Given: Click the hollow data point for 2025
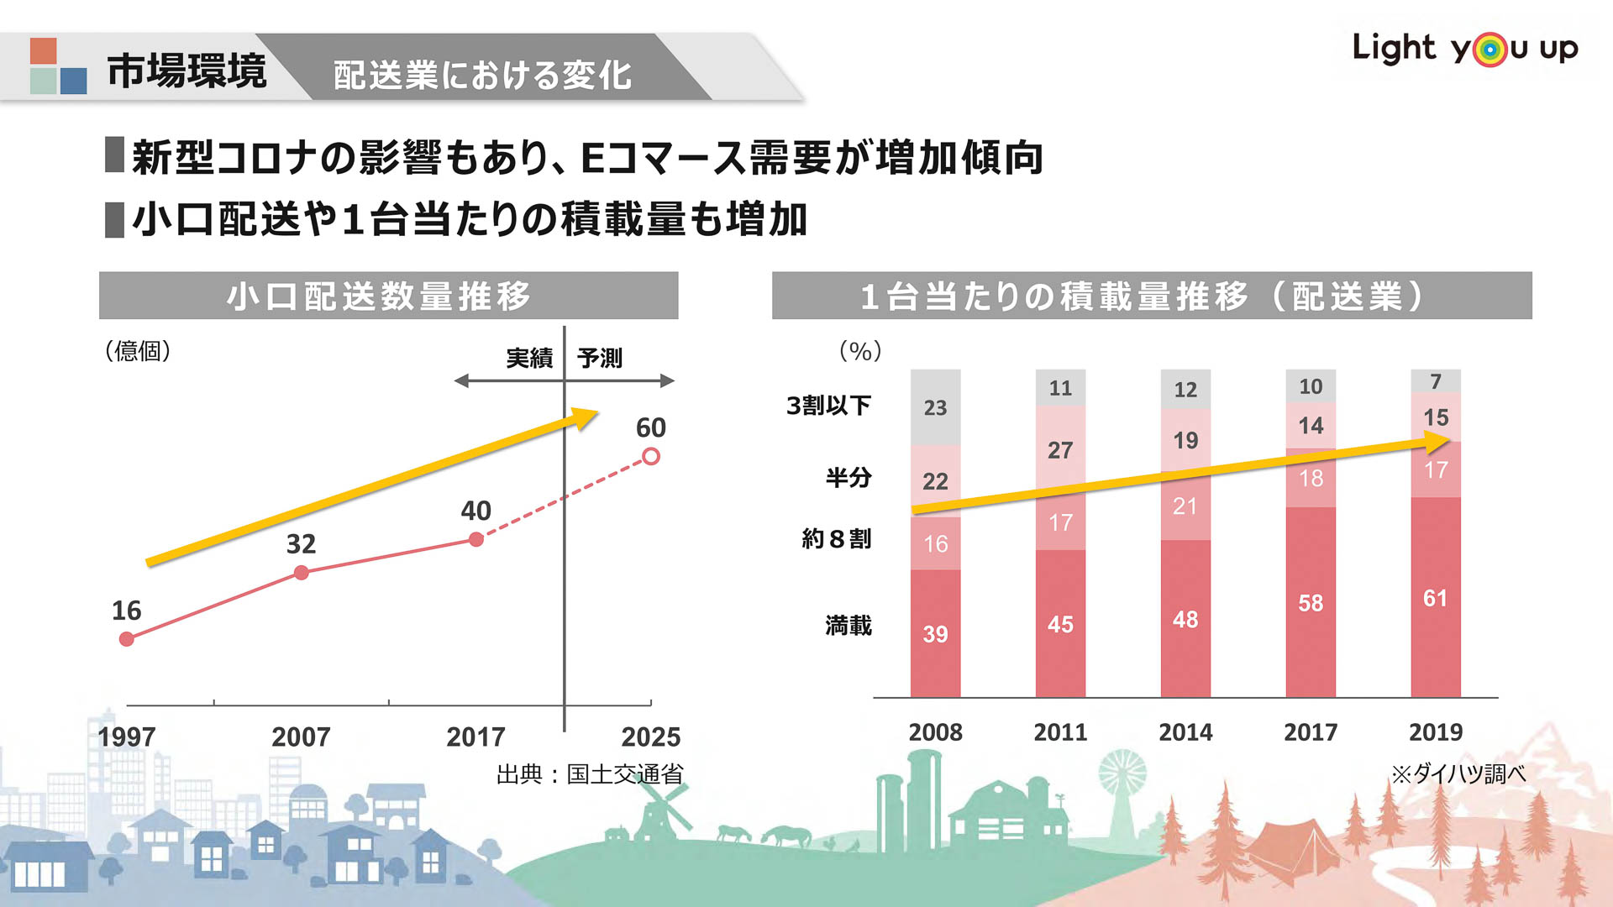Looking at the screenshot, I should (651, 456).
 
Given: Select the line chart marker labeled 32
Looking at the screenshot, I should (302, 573).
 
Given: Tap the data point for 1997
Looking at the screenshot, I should (127, 639).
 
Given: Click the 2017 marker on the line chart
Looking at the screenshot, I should (476, 539).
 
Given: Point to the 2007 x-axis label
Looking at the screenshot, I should (301, 737).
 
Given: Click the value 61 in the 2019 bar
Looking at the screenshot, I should (1435, 598).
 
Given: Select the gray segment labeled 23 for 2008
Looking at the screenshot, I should (935, 407).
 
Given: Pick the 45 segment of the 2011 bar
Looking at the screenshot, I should (1060, 624).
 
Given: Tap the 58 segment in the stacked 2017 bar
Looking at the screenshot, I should (1311, 602).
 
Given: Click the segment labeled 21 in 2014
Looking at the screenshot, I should (1185, 506).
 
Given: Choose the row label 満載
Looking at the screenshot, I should (849, 625).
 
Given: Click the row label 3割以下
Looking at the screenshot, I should (828, 406).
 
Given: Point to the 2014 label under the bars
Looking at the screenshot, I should (1185, 731).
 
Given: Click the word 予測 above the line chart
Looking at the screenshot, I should (600, 358).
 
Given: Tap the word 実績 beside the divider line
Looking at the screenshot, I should (529, 358).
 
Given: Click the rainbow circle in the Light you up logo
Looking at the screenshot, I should (1490, 50).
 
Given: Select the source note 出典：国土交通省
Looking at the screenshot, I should (590, 773).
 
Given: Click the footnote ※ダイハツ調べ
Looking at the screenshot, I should (1458, 773).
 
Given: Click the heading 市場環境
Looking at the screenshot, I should (187, 71).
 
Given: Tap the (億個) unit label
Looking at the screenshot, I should (138, 350).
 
